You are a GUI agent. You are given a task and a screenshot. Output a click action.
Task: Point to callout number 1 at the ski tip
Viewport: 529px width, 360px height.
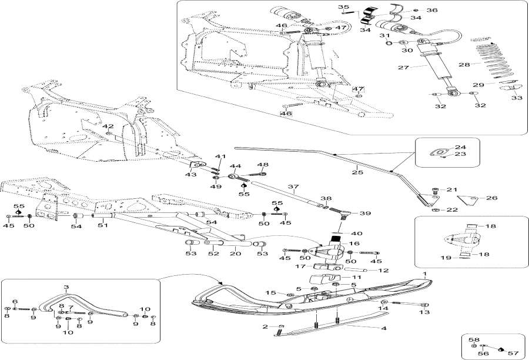pos(425,275)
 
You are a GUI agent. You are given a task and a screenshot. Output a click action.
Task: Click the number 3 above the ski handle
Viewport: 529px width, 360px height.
pos(66,288)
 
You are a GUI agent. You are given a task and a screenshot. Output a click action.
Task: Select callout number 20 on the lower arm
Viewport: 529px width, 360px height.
pos(235,254)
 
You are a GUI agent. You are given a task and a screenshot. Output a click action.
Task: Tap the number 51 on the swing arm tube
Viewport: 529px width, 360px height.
pos(101,224)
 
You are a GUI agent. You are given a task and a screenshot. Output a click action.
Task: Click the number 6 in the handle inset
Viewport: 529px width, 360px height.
pos(15,301)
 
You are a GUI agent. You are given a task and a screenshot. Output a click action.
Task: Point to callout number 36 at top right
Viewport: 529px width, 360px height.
pos(431,10)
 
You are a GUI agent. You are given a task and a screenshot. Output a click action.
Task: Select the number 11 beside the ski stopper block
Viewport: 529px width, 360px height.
pos(357,276)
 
